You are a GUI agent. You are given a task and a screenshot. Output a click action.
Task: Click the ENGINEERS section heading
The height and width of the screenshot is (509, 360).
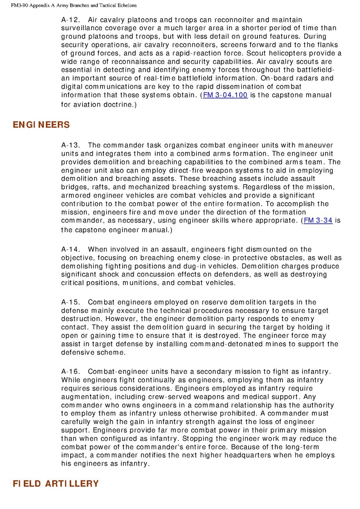[41, 125]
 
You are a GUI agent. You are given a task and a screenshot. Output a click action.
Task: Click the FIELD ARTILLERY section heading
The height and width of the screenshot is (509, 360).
[55, 483]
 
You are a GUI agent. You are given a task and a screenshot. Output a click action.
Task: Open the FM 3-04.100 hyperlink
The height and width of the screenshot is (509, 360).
[225, 95]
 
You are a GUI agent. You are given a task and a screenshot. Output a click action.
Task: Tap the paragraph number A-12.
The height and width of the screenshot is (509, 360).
[70, 20]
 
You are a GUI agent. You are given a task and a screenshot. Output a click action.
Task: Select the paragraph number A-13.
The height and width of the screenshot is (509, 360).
[70, 145]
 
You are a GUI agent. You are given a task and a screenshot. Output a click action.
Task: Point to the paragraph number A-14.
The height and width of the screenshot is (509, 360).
[70, 249]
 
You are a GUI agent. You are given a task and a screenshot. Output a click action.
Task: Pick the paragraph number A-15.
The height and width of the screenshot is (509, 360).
[70, 302]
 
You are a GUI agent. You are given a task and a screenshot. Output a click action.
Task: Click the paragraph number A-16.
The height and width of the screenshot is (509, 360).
[70, 372]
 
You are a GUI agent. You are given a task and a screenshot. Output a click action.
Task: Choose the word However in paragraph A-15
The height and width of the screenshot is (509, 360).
[116, 319]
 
